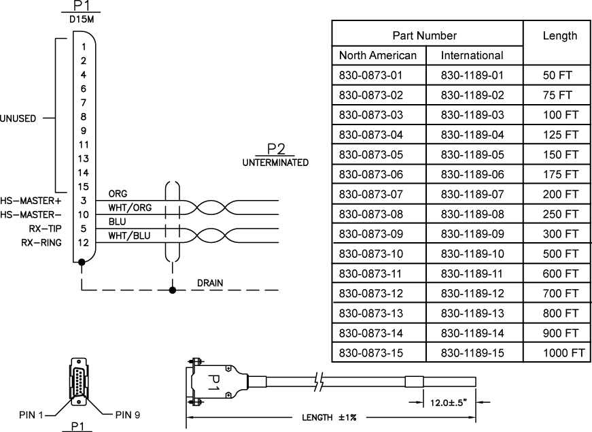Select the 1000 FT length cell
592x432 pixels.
tap(563, 353)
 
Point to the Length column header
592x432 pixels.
tap(559, 35)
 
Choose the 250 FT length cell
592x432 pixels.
tap(560, 214)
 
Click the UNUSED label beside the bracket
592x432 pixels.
tap(18, 117)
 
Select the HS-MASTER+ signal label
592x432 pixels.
tap(31, 201)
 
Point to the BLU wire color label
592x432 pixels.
tap(116, 222)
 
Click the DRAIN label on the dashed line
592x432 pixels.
tap(210, 282)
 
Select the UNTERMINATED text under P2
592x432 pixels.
tap(275, 163)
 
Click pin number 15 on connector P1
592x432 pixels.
tap(84, 186)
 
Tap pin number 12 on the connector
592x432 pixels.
tap(84, 243)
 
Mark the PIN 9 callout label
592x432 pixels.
tap(128, 414)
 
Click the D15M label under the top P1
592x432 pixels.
tap(83, 19)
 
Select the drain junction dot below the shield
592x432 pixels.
tap(173, 290)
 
